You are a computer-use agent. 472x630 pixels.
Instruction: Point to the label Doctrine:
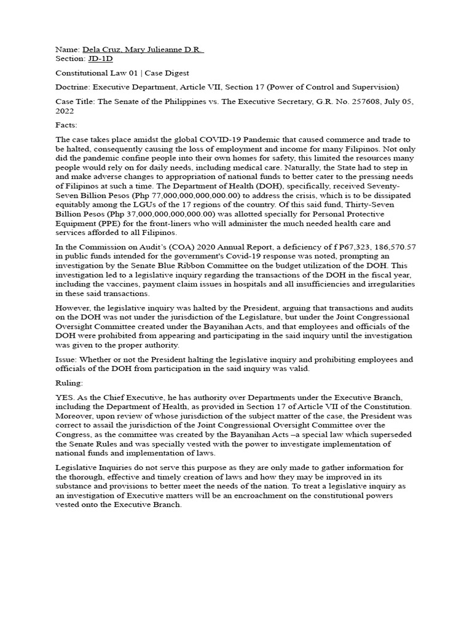73,87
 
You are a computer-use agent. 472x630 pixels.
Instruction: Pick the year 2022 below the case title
65,111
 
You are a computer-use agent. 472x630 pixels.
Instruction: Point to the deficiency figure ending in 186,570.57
384,247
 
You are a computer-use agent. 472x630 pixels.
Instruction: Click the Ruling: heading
70,383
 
